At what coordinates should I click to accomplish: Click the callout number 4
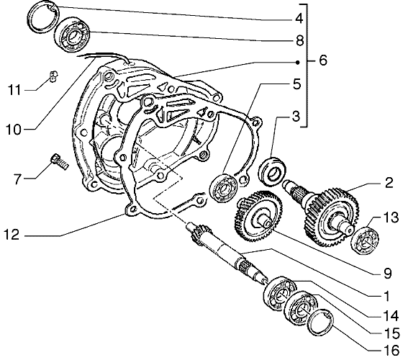(x=299, y=19)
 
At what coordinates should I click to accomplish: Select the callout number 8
(x=299, y=40)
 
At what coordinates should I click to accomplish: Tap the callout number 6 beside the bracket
(x=323, y=60)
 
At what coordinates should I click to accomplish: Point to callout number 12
(x=12, y=235)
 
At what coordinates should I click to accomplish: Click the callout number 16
(x=391, y=351)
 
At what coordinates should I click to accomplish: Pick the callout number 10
(x=14, y=130)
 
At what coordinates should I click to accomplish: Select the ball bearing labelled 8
(x=72, y=35)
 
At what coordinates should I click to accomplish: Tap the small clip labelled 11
(x=53, y=76)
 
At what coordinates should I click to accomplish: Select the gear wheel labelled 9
(x=258, y=217)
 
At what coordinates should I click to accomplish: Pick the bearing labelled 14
(x=280, y=292)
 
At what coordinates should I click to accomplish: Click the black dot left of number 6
(x=298, y=62)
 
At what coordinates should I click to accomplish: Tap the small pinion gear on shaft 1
(x=198, y=233)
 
